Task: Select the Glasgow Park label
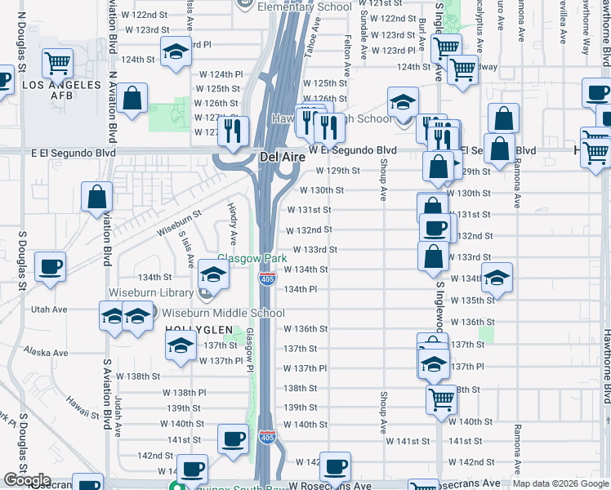tap(252, 258)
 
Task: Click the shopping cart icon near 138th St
tap(441, 399)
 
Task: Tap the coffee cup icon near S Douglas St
tap(51, 266)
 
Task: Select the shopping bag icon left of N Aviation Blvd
tap(96, 197)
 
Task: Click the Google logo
tap(27, 481)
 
